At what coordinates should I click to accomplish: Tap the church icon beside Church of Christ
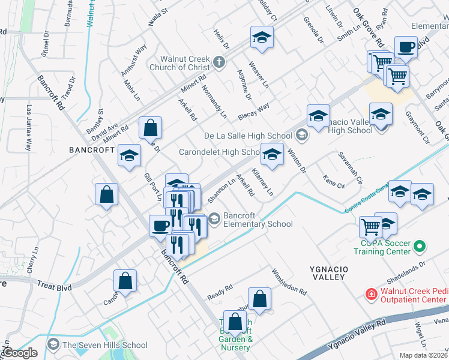[x=220, y=61]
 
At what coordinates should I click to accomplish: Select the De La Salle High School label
[x=249, y=135]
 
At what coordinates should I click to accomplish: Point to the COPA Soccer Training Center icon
[x=420, y=247]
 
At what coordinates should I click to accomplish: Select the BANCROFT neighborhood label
[x=91, y=150]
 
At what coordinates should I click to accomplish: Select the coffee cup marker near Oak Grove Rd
[x=406, y=47]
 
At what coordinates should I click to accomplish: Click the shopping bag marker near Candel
[x=125, y=280]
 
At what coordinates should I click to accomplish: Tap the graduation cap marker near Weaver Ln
[x=262, y=38]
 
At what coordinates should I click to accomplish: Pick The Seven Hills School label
[x=104, y=345]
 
